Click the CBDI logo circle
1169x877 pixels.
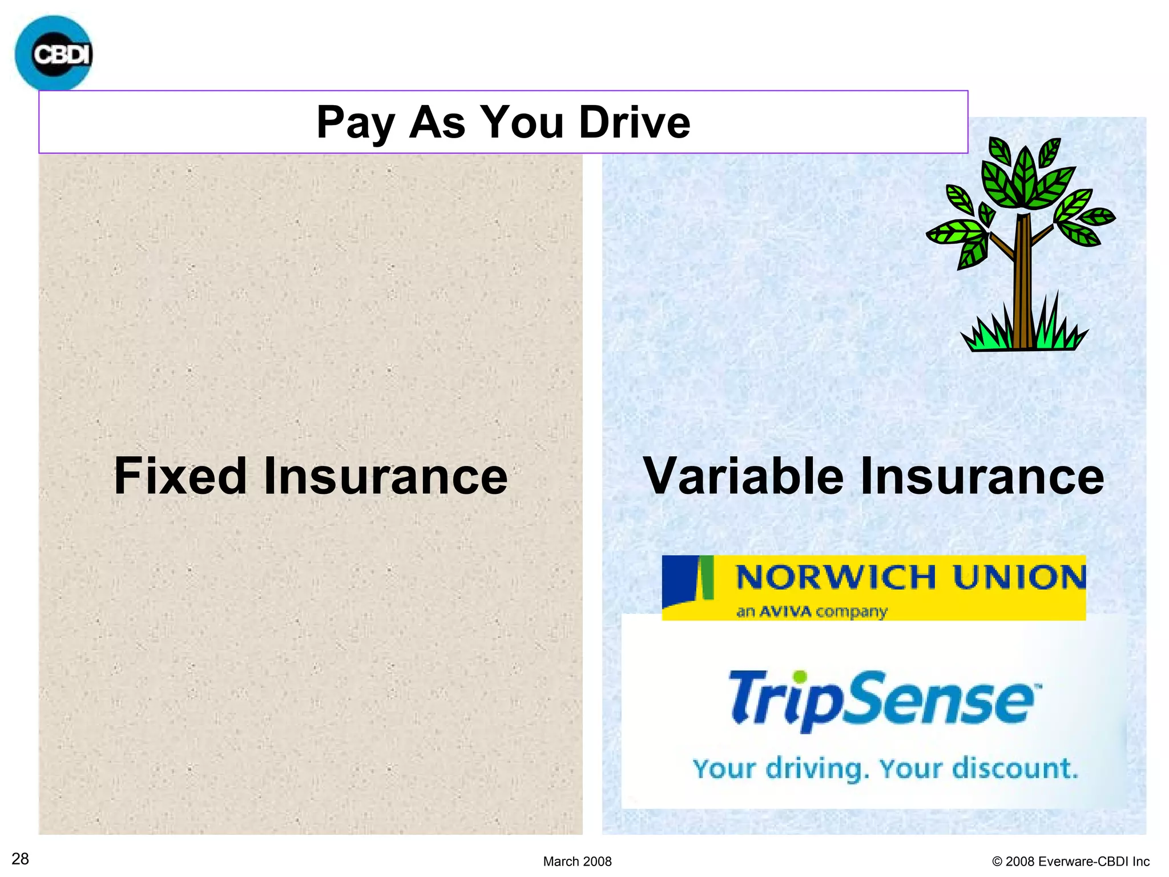pos(53,53)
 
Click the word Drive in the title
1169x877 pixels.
pos(634,122)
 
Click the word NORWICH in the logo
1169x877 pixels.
pos(835,577)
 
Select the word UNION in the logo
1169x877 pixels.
pos(1019,577)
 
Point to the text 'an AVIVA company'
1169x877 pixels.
pos(811,612)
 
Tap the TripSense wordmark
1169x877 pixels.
pos(882,701)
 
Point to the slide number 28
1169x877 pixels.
pos(21,859)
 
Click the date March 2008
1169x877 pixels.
pos(577,861)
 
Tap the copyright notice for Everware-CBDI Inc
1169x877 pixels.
pos(1071,861)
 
